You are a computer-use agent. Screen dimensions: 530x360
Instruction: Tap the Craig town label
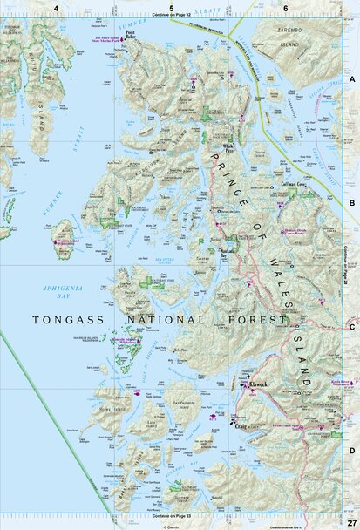240,426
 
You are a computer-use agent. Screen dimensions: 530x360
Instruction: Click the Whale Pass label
228,146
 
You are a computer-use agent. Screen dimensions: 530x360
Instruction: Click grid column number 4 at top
56,7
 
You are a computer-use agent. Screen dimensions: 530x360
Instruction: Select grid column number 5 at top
171,7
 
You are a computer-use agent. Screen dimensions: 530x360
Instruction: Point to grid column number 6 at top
286,7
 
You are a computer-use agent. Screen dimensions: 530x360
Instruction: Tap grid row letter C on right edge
352,327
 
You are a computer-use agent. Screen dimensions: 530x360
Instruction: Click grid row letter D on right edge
352,451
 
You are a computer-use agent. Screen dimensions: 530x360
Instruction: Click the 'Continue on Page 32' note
171,16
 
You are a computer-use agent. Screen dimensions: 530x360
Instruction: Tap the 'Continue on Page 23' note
171,515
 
